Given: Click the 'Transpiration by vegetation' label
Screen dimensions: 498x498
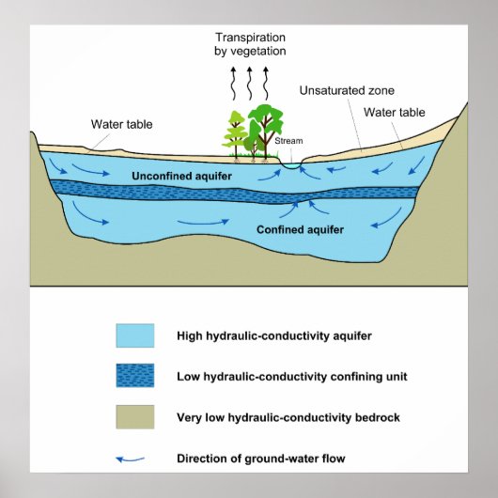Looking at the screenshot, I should click(249, 44).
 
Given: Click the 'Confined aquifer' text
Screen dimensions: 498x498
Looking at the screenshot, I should click(300, 228).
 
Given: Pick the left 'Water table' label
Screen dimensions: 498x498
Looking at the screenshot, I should click(121, 123).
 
